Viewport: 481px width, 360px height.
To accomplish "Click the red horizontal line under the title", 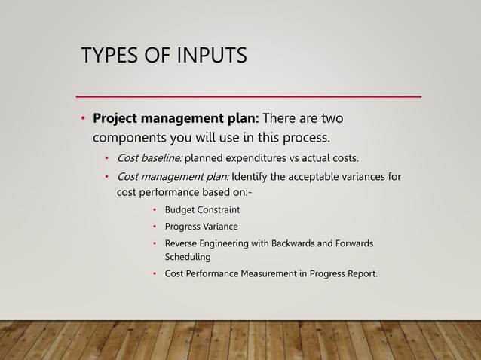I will pyautogui.click(x=250, y=97).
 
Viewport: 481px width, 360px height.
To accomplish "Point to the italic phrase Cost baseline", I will pyautogui.click(x=149, y=158).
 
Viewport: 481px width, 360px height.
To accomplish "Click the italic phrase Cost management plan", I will pyautogui.click(x=173, y=178).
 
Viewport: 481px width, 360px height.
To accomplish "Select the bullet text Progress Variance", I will pyautogui.click(x=201, y=227).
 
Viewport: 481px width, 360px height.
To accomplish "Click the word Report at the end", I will pyautogui.click(x=361, y=273).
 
